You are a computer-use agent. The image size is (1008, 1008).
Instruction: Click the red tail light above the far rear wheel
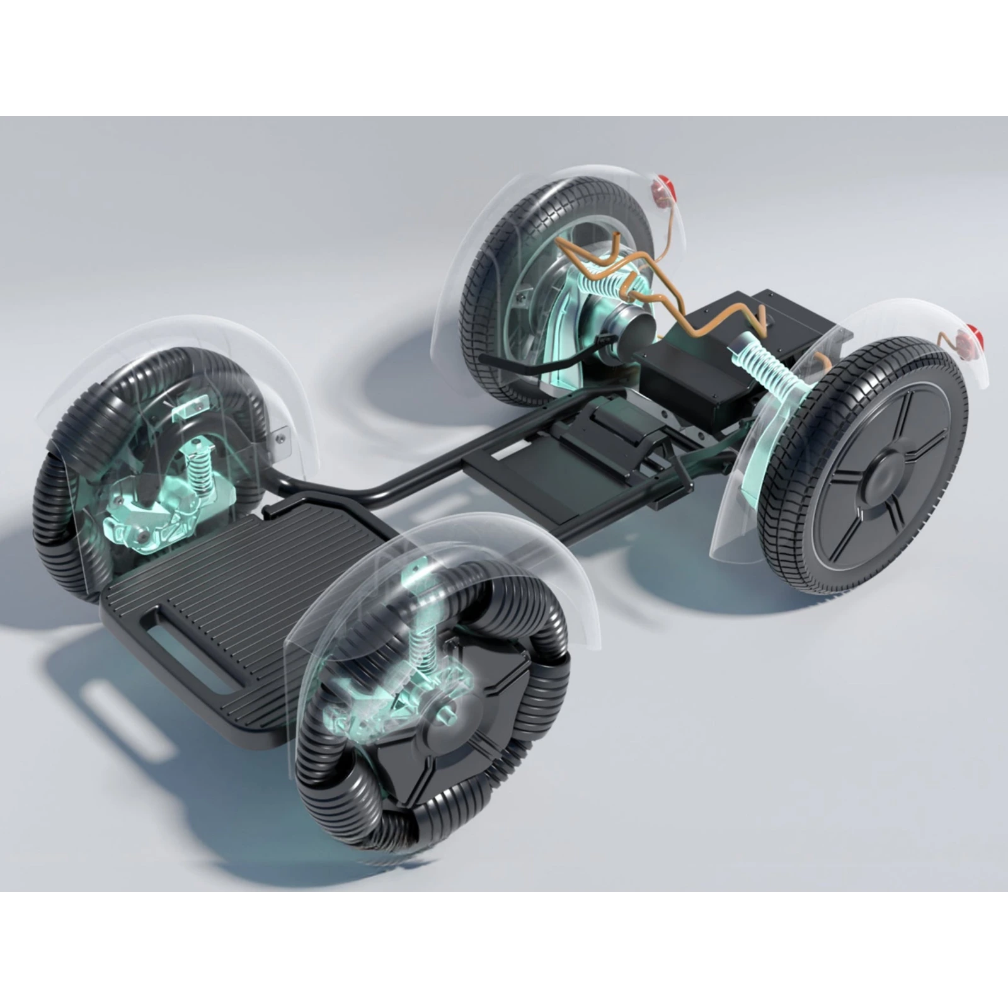click(662, 187)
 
